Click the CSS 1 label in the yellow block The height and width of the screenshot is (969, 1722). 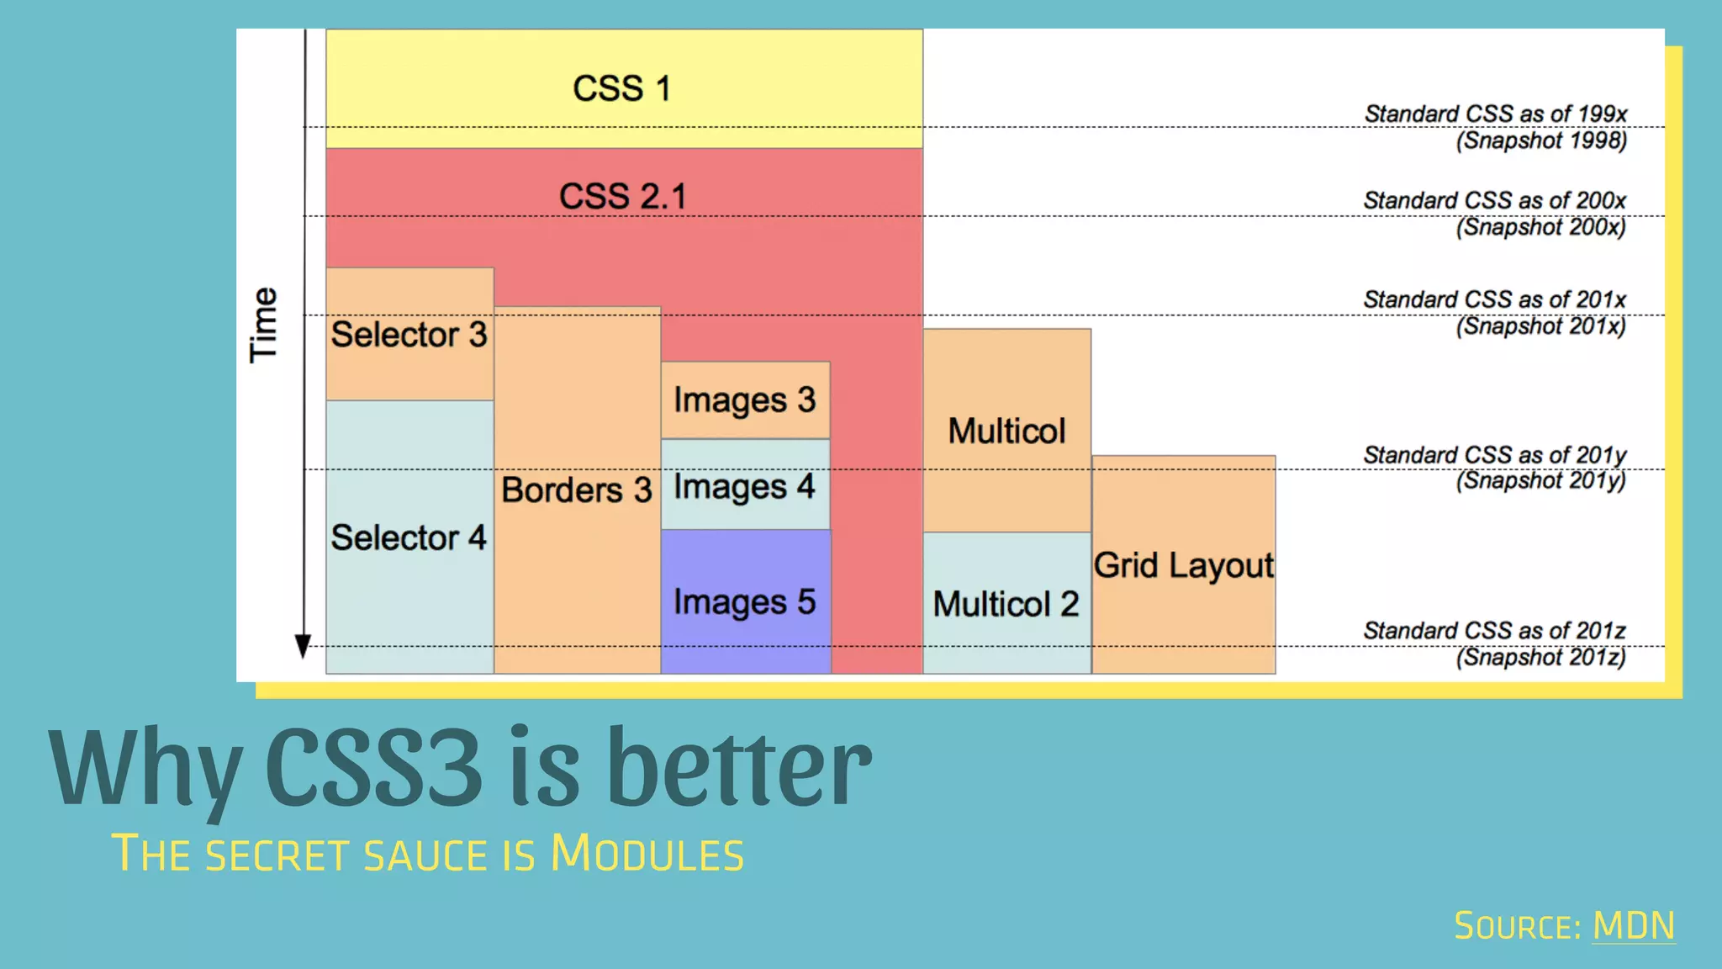[x=622, y=88]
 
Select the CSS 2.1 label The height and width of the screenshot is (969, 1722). [x=623, y=197]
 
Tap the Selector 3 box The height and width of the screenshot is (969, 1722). [x=409, y=334]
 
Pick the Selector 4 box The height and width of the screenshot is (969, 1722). [x=409, y=537]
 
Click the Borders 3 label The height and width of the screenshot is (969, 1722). [x=577, y=490]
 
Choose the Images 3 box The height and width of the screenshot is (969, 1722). [x=745, y=400]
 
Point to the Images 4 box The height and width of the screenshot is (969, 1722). [x=745, y=486]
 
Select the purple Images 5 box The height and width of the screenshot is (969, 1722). [x=745, y=601]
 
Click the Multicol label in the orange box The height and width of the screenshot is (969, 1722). [x=1006, y=431]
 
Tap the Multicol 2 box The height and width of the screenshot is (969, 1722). [x=1006, y=604]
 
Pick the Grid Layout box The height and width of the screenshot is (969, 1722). [x=1183, y=565]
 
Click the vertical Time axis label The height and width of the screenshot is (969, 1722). [x=263, y=325]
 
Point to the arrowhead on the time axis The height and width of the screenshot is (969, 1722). [x=303, y=646]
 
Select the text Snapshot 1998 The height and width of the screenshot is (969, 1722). [x=1542, y=140]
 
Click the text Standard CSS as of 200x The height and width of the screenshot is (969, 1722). [x=1494, y=200]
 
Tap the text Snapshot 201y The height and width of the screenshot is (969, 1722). [x=1541, y=480]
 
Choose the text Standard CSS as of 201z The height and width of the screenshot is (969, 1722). [x=1494, y=630]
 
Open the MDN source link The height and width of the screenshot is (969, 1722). [x=1634, y=926]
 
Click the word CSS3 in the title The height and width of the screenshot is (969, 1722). [x=374, y=767]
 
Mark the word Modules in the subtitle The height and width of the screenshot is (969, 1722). [x=647, y=854]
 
